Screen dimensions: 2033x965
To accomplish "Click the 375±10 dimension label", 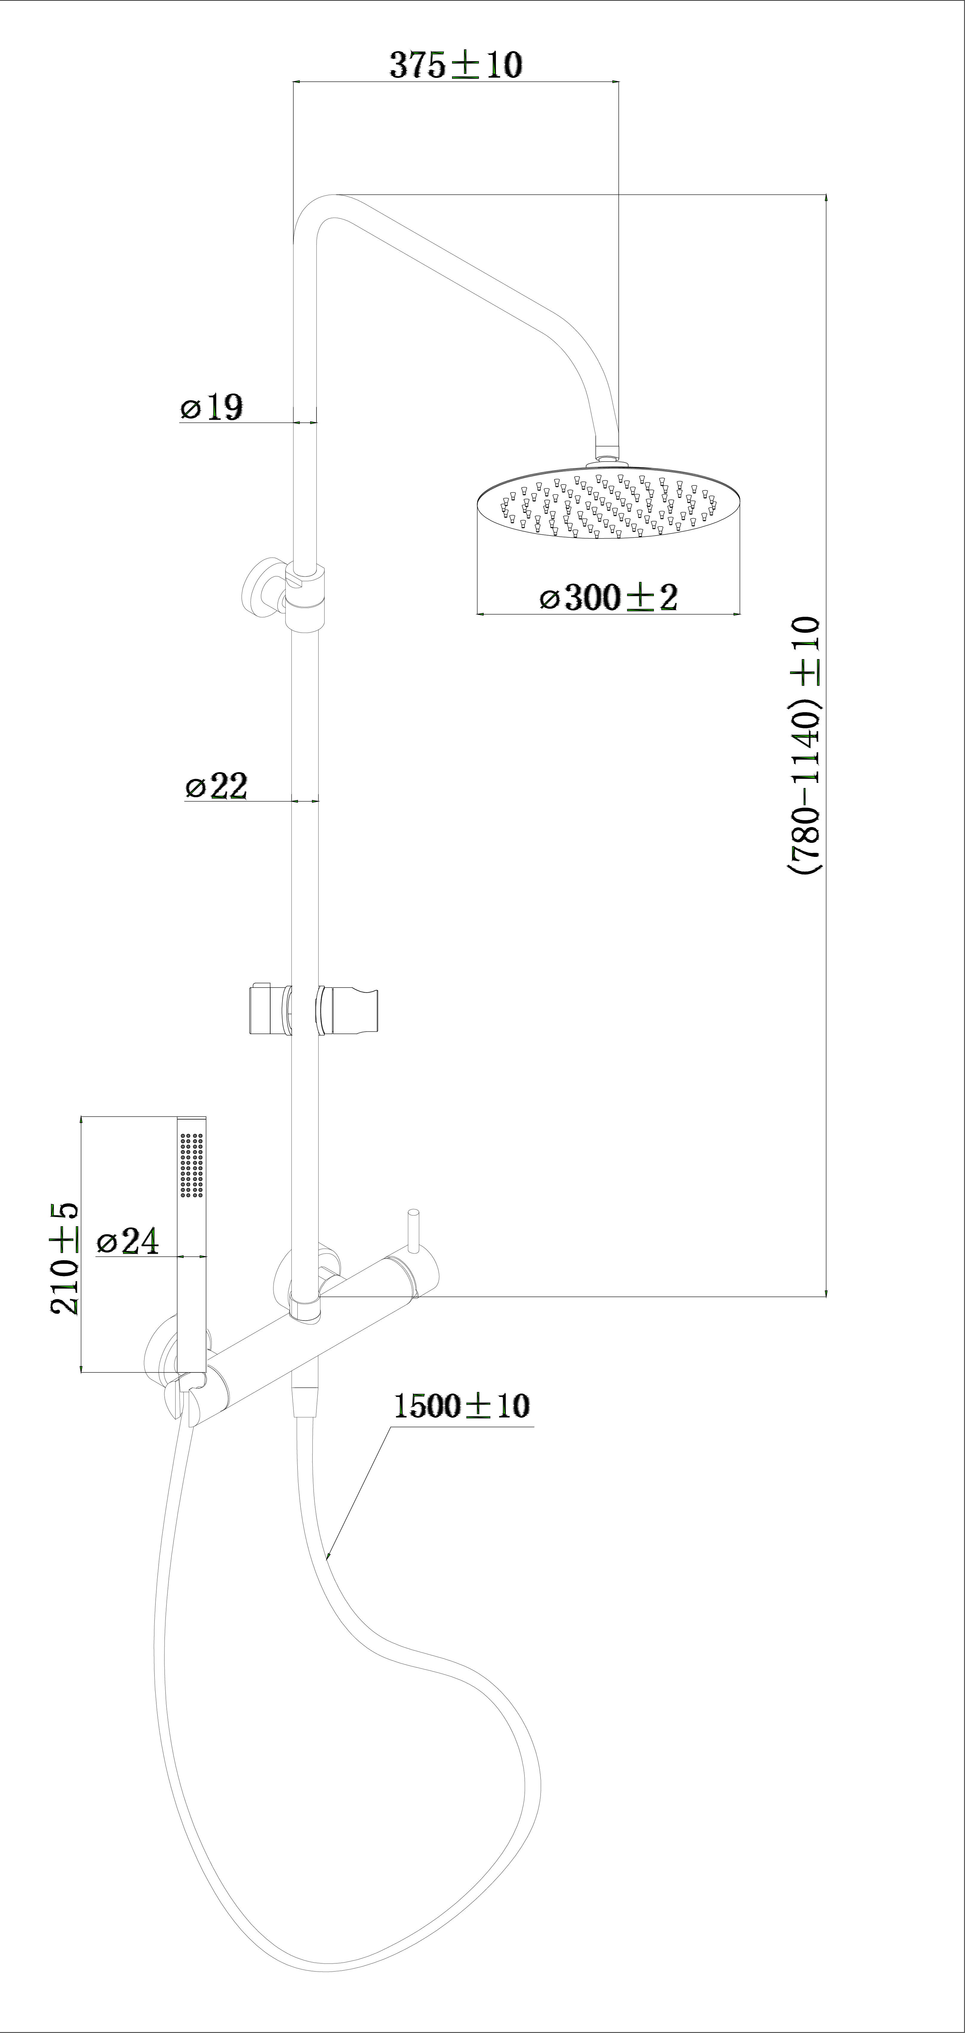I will click(x=456, y=65).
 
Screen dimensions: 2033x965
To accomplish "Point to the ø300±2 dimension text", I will click(x=608, y=597).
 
